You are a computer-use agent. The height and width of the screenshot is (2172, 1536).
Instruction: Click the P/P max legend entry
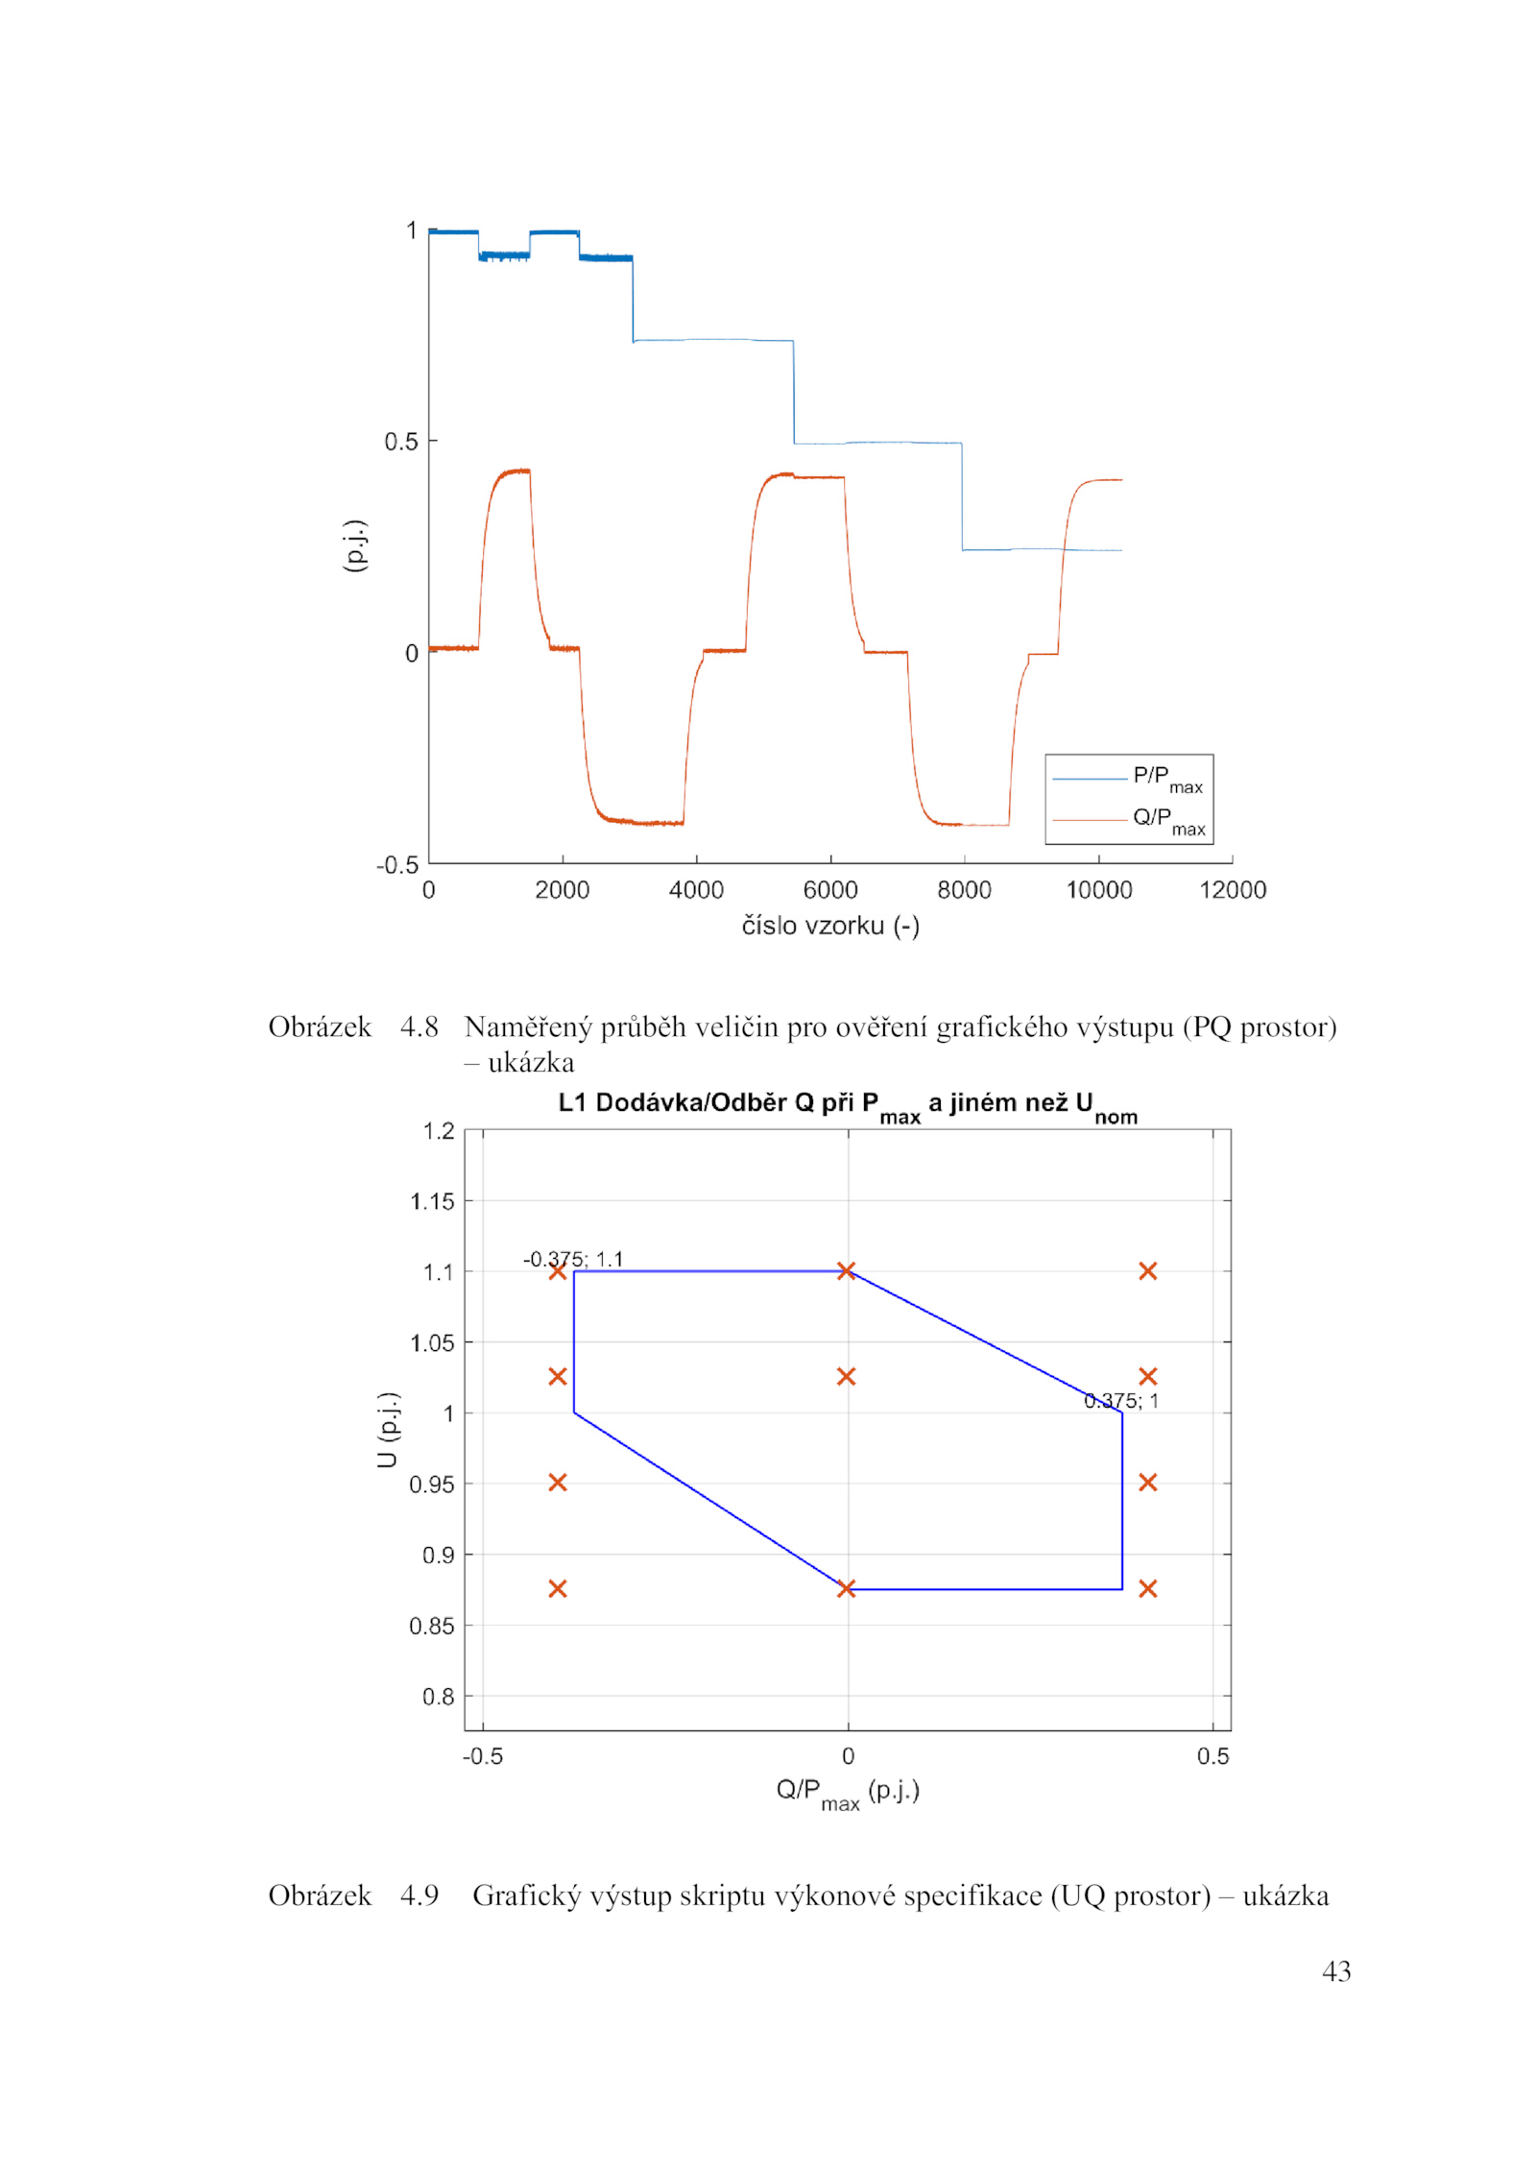click(x=1166, y=779)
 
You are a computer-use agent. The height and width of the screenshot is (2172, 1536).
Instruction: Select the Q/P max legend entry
click(x=1167, y=821)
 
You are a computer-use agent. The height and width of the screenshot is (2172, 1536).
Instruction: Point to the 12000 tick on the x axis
click(x=1232, y=890)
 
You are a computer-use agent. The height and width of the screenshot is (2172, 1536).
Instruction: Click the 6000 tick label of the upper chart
click(x=830, y=890)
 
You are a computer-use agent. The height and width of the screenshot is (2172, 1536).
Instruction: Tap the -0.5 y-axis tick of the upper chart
click(x=396, y=865)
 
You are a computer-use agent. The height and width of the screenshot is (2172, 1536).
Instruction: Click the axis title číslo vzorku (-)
click(x=830, y=926)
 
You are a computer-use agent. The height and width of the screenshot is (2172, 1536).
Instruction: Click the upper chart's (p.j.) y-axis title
click(x=354, y=545)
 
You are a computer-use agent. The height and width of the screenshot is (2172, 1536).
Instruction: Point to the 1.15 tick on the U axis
click(x=432, y=1201)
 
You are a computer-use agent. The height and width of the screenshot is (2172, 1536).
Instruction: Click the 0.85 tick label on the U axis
click(x=432, y=1626)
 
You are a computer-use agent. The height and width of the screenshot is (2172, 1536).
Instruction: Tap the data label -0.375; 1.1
click(x=573, y=1259)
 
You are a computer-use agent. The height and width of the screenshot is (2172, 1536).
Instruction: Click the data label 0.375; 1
click(x=1120, y=1401)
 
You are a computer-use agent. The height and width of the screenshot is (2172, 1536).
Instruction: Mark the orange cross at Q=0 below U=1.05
click(x=846, y=1377)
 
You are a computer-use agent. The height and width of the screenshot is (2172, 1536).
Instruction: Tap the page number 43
click(x=1335, y=1971)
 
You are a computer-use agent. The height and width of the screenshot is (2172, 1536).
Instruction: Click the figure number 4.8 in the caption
click(x=419, y=1027)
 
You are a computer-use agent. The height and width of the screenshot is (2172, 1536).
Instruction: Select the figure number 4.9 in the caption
click(x=419, y=1895)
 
